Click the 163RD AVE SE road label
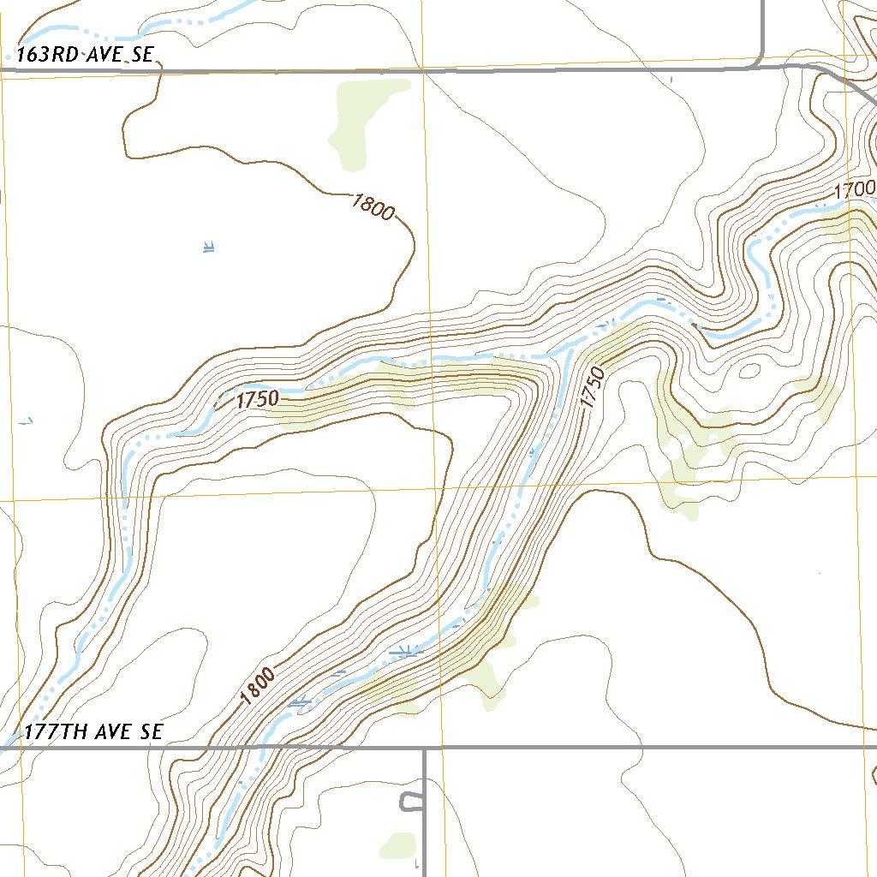85,55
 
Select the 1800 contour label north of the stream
373,206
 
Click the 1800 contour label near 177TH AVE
258,686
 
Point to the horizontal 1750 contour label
259,399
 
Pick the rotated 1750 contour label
592,388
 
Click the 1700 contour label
854,188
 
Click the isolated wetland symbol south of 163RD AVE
208,248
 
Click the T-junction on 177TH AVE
425,748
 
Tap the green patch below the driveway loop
397,845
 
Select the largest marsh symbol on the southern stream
405,652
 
